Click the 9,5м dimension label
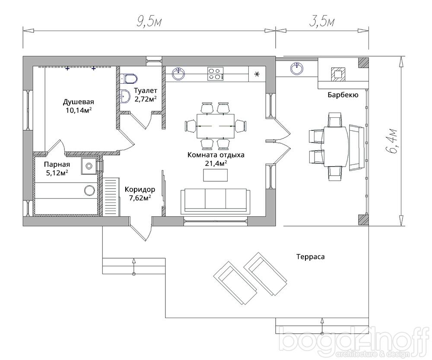point(149,22)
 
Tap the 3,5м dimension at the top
point(322,22)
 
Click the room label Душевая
point(79,101)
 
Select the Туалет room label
point(146,90)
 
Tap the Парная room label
point(57,164)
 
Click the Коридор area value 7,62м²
point(140,198)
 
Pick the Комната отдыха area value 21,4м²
point(216,163)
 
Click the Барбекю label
point(343,95)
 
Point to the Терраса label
point(311,257)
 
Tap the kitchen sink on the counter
point(179,73)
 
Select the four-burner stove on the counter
point(215,73)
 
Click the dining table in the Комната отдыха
point(216,126)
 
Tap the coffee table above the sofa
point(216,175)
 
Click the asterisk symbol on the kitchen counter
point(257,74)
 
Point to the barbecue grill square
point(338,74)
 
